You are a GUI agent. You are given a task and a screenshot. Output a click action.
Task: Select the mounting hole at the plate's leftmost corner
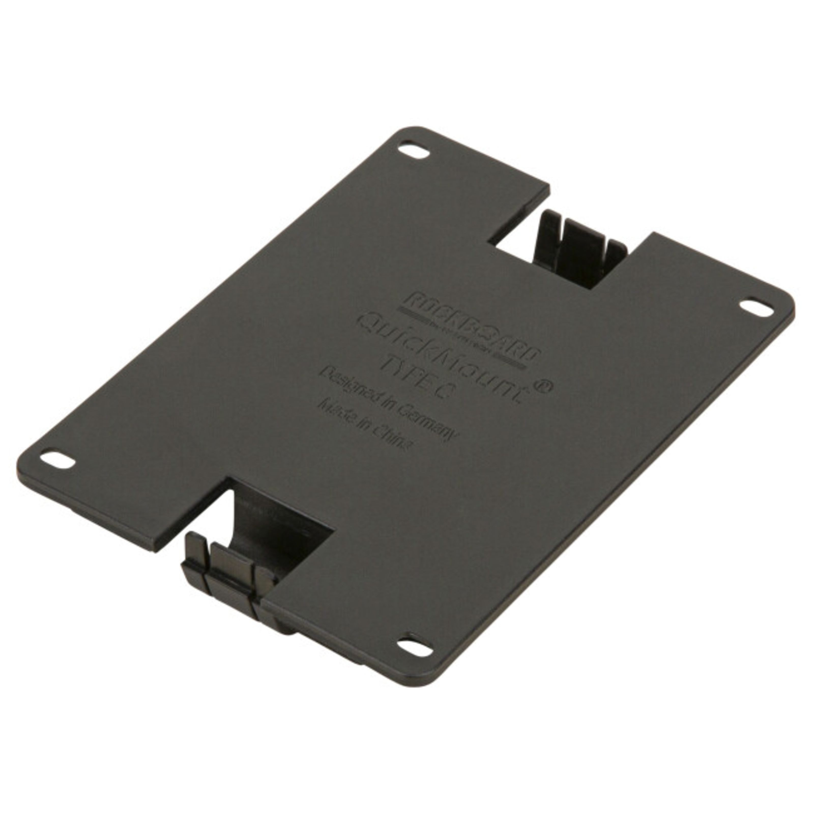(57, 460)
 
